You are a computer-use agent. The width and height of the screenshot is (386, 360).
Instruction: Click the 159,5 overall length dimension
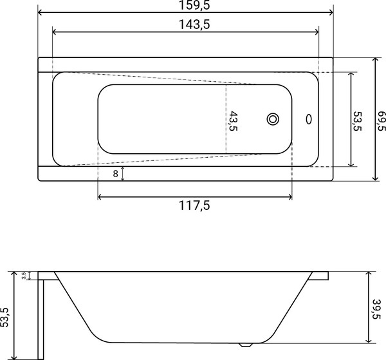point(194,5)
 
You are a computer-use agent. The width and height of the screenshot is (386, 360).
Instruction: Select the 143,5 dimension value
point(194,24)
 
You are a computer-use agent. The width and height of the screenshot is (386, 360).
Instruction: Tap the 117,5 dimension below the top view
point(194,205)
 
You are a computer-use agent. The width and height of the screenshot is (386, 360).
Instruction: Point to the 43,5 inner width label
point(234,121)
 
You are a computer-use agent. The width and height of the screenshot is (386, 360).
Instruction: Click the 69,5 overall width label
point(381,120)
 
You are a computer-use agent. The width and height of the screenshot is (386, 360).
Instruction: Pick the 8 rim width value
point(115,174)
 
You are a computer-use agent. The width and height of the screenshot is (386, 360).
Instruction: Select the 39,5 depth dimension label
point(376,309)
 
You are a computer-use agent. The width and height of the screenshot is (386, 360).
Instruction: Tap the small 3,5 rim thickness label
point(24,276)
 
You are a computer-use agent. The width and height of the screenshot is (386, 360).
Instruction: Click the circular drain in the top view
point(273,120)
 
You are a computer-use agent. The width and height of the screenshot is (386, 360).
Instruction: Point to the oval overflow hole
point(309,119)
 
